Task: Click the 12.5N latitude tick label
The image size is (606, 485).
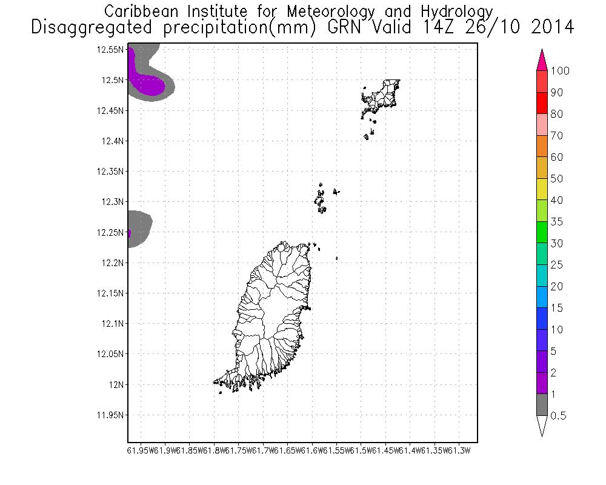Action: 113,80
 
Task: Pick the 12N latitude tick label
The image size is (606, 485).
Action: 116,384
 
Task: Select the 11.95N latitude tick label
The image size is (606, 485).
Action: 111,415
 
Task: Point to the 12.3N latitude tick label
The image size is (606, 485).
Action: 113,202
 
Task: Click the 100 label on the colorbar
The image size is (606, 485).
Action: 561,71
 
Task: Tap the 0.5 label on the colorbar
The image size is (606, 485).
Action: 558,416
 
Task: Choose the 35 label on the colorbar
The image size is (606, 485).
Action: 557,222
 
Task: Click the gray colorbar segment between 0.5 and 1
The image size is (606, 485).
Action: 542,405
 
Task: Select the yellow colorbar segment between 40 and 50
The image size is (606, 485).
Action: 542,189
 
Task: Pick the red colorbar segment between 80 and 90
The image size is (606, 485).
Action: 542,103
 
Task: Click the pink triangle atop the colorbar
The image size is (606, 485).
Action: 542,61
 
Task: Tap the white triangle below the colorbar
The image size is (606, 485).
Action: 542,426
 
